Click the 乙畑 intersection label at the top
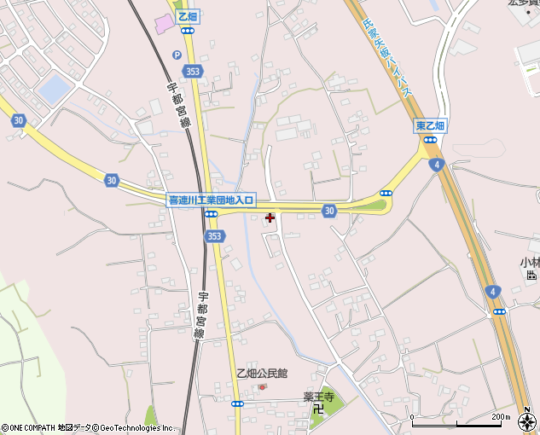pos(187,17)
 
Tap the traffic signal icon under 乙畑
pos(187,30)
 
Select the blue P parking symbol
pos(177,55)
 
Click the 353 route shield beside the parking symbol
pos(194,73)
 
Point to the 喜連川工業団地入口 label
pos(210,200)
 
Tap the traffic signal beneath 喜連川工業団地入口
pos(210,213)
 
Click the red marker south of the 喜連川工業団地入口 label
pos(270,218)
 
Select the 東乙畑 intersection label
pos(430,125)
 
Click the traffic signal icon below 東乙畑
pos(431,138)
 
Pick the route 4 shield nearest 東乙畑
pos(438,164)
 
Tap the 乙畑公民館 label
pos(262,373)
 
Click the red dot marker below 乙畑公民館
pos(263,386)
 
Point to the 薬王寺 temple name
pos(317,396)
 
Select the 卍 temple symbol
pos(317,409)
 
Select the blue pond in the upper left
pos(54,90)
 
